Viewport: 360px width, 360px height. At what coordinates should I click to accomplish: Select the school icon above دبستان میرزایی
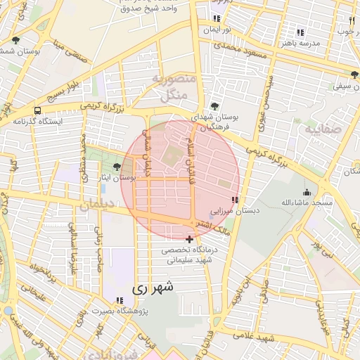tap(234, 200)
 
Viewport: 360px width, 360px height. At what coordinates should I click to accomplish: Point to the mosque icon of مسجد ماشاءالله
tap(306, 192)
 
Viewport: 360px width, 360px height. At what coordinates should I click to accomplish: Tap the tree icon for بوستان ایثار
tap(117, 167)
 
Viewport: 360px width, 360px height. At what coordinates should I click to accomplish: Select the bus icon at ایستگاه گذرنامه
tap(37, 110)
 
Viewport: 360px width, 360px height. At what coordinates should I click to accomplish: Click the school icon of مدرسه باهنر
tap(300, 32)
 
